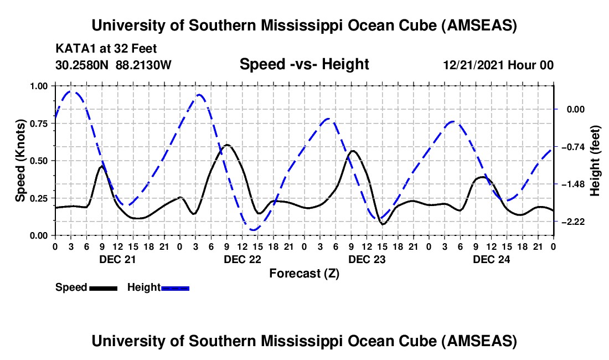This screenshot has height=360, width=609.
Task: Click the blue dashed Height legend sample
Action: coord(175,287)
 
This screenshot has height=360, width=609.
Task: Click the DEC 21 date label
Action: coord(116,259)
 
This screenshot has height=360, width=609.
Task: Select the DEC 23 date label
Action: coord(366,259)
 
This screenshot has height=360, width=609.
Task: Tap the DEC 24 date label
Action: coord(491,259)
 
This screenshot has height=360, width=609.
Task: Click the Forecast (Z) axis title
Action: coord(304,273)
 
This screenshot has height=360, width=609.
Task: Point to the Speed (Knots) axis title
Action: coord(20,161)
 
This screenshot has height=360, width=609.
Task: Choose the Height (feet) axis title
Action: coord(595,161)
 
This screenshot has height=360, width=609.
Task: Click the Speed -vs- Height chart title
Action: coord(304,65)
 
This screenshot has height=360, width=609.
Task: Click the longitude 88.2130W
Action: coord(144,65)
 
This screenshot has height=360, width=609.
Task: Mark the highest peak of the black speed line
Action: coord(227,145)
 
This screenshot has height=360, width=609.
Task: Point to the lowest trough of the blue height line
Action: coord(253,229)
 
